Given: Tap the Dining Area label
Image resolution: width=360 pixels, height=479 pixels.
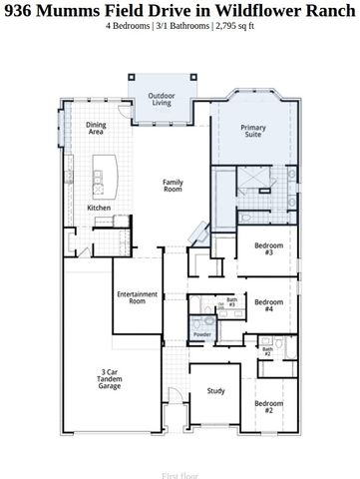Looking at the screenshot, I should coord(97,129).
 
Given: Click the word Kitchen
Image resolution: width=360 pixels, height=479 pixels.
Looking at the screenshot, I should coord(100,208).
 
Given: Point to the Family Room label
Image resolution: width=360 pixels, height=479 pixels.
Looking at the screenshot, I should coord(175,185).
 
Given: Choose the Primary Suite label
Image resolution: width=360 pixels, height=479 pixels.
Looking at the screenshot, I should coord(253,130).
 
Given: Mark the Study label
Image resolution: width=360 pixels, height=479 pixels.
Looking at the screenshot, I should coord(214,392).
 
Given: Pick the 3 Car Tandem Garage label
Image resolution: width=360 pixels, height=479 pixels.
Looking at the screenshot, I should coord(110,379).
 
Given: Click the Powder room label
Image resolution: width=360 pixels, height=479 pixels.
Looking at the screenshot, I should coord(202,333).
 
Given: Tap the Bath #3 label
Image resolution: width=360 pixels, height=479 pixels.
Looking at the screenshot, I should coord(231,301).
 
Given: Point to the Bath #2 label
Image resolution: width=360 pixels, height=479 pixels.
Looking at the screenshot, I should coord(266,351).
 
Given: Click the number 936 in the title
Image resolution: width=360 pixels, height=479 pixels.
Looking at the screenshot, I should coord(19,9).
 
